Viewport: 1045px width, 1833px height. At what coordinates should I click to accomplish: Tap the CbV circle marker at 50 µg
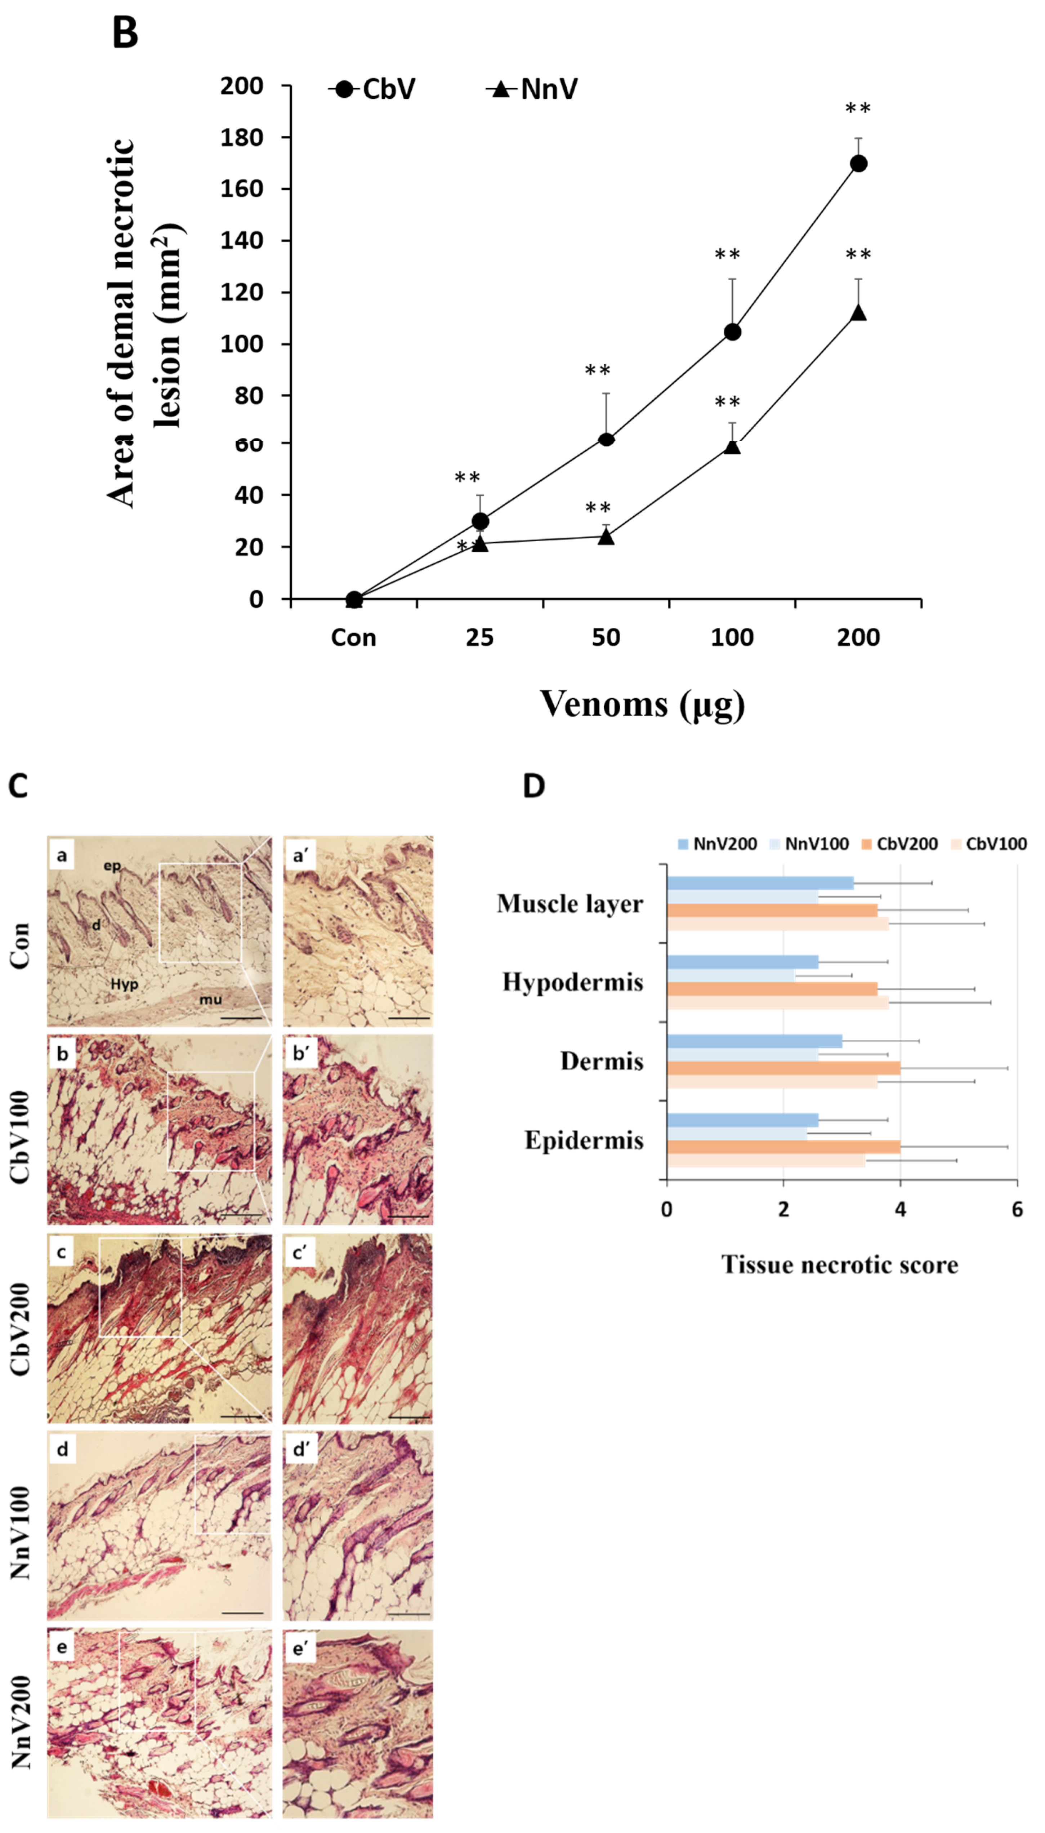(606, 439)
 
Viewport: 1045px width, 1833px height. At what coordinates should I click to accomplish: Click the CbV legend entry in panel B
(373, 89)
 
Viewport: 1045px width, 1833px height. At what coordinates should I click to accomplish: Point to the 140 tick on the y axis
(241, 240)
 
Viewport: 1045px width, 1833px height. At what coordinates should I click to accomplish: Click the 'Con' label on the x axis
(353, 637)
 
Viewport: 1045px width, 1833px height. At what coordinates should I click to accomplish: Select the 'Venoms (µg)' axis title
(642, 704)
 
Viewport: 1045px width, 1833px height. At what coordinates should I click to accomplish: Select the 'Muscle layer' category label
(570, 904)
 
